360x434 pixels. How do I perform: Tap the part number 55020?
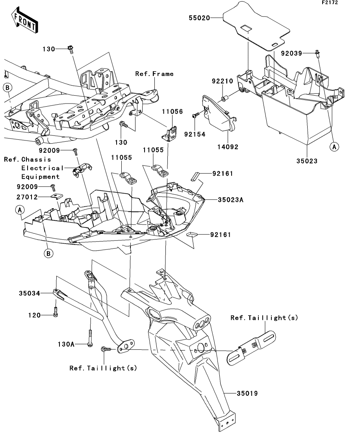pyautogui.click(x=199, y=18)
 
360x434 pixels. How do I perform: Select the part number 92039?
pyautogui.click(x=291, y=53)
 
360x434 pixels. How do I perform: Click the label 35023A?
pyautogui.click(x=230, y=199)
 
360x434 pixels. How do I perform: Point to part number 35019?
pyautogui.click(x=247, y=393)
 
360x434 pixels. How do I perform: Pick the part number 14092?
pyautogui.click(x=228, y=147)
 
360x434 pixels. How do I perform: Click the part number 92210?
pyautogui.click(x=223, y=81)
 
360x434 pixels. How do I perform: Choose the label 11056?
pyautogui.click(x=173, y=111)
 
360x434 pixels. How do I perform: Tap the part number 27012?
pyautogui.click(x=27, y=197)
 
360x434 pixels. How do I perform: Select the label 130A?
pyautogui.click(x=66, y=344)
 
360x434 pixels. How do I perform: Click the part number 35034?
pyautogui.click(x=30, y=293)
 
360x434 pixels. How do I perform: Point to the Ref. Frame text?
pyautogui.click(x=154, y=74)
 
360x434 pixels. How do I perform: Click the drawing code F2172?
pyautogui.click(x=330, y=2)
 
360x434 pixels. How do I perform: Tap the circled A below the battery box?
pyautogui.click(x=334, y=147)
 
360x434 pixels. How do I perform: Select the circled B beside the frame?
pyautogui.click(x=7, y=88)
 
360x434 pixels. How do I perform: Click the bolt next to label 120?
pyautogui.click(x=56, y=312)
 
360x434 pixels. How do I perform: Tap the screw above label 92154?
pyautogui.click(x=196, y=115)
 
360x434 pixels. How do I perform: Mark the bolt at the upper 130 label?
pyautogui.click(x=71, y=50)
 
